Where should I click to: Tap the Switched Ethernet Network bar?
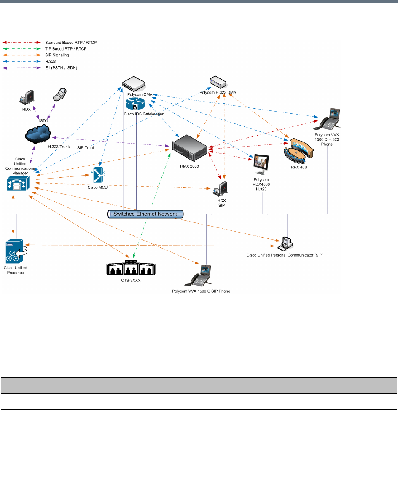tap(146, 214)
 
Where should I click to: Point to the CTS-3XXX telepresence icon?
tap(131, 268)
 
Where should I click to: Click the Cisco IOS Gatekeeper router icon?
tap(135, 103)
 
